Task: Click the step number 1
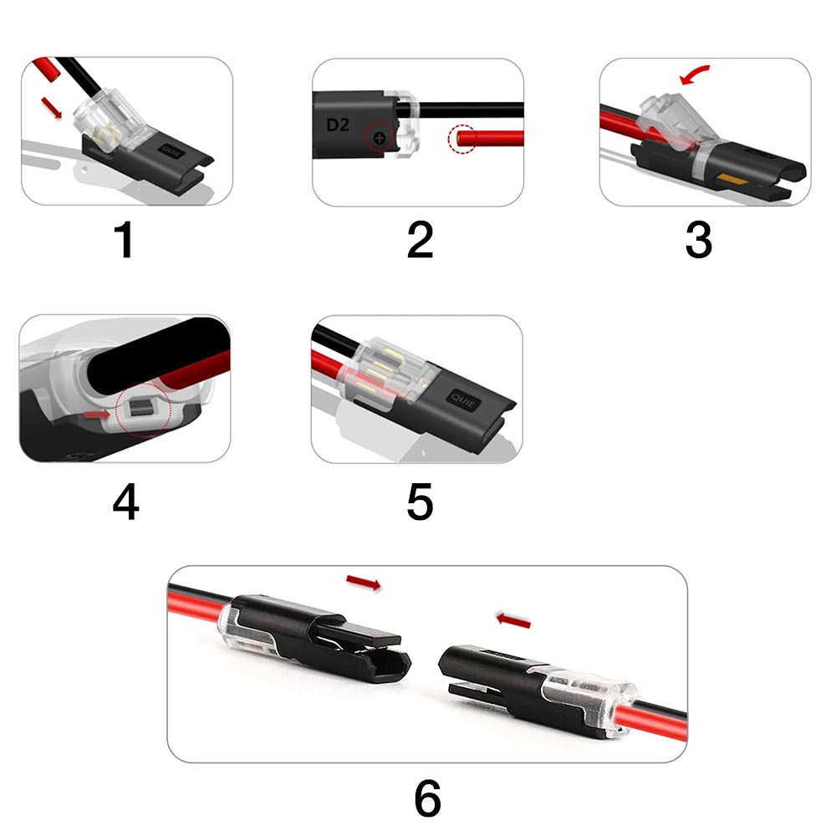click(x=125, y=240)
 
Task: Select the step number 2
click(x=420, y=240)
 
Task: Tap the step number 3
click(x=698, y=240)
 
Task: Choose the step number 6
click(x=427, y=798)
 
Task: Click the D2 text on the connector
click(x=338, y=125)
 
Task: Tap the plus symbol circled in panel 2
click(x=379, y=139)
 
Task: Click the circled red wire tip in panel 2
click(x=461, y=140)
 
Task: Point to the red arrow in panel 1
click(x=52, y=107)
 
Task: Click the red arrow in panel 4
click(x=97, y=415)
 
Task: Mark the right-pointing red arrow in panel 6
click(x=364, y=582)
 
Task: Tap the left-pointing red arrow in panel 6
click(x=513, y=620)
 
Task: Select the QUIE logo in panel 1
click(x=171, y=151)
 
